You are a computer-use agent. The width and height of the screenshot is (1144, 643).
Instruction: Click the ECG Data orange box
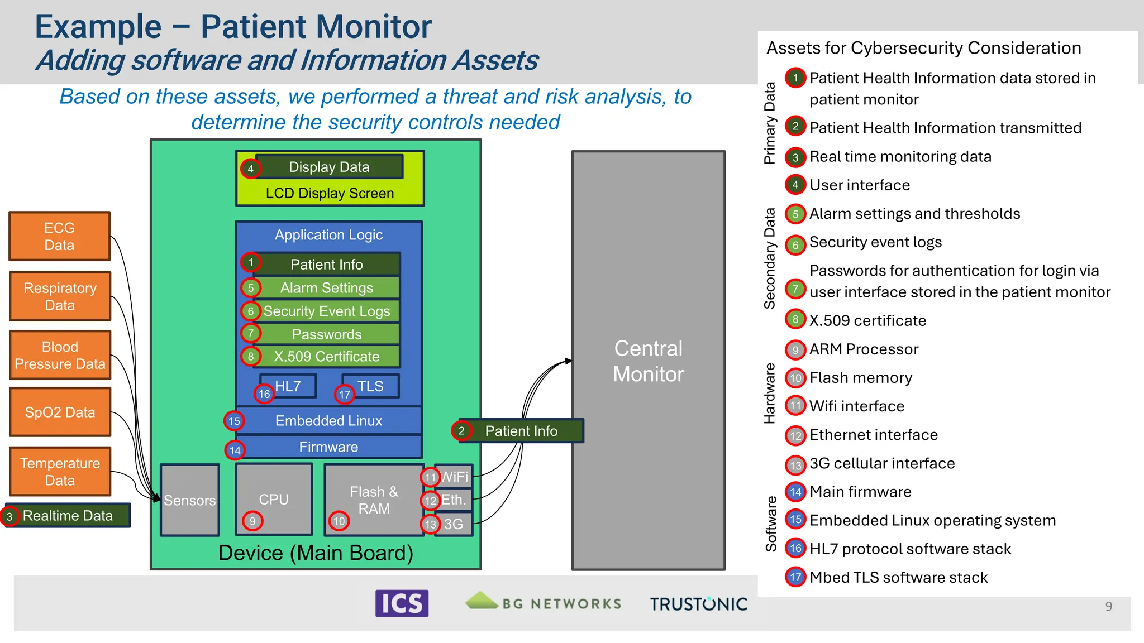pos(60,236)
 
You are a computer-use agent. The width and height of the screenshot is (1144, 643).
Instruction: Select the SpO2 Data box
pos(60,412)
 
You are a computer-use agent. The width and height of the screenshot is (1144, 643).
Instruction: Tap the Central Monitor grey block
pos(648,361)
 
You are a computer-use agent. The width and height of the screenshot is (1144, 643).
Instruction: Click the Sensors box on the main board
pos(190,500)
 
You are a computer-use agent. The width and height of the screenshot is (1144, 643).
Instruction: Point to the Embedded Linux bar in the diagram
pos(328,421)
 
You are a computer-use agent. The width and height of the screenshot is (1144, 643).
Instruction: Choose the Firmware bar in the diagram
pos(328,447)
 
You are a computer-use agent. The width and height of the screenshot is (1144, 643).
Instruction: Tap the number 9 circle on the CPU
pos(252,521)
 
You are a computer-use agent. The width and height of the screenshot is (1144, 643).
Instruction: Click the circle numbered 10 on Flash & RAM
pos(339,521)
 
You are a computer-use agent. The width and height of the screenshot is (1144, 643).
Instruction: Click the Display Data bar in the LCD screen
pos(329,167)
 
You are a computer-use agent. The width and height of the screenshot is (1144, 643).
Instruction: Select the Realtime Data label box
pos(68,516)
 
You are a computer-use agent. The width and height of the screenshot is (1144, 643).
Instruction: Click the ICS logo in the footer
pos(402,603)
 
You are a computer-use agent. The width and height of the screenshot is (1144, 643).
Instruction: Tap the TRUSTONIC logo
pos(698,604)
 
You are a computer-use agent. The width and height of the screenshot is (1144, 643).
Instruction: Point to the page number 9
pos(1108,606)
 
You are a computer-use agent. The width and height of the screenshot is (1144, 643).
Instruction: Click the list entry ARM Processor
pos(864,349)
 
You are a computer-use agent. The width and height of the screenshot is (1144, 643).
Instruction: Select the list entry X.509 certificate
pos(867,321)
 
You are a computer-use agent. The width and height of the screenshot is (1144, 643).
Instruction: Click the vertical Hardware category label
pos(770,393)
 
